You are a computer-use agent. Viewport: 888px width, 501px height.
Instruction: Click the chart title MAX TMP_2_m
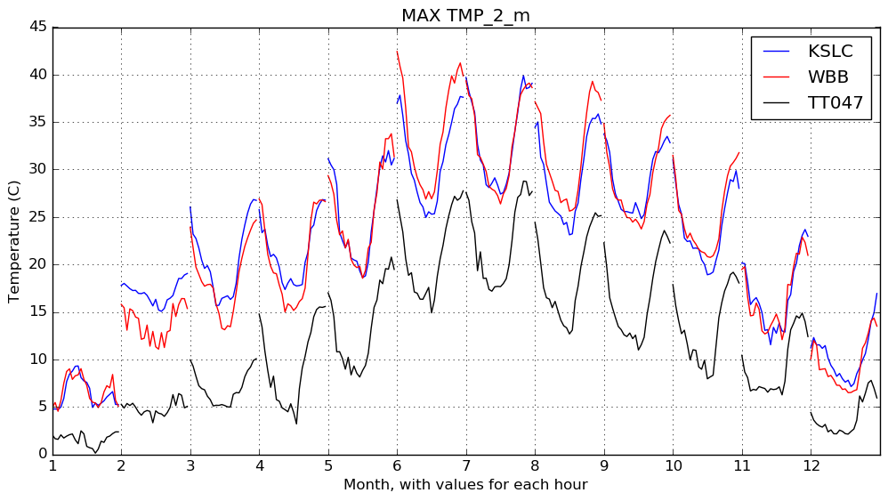pos(465,15)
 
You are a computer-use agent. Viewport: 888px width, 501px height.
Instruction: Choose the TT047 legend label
pos(836,102)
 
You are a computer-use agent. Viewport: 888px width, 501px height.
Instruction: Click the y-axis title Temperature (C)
pos(15,240)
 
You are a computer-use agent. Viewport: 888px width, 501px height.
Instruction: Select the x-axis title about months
pos(465,485)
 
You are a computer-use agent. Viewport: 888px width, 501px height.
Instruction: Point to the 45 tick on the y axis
pos(39,27)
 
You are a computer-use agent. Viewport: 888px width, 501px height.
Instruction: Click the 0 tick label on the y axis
pos(43,454)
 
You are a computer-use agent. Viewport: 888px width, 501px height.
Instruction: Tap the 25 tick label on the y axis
pos(39,216)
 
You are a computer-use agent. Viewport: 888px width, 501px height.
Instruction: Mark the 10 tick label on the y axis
pos(39,359)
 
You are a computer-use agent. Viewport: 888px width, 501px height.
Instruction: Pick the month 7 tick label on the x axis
pos(465,465)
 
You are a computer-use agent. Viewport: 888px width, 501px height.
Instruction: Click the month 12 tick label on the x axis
pos(811,465)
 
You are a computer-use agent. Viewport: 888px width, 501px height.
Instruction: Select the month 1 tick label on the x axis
pos(52,465)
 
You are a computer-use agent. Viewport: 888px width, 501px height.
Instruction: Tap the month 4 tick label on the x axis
pos(259,465)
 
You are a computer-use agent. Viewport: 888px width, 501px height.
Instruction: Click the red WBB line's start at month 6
pos(397,52)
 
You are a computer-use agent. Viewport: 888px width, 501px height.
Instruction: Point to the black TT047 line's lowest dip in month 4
pos(296,424)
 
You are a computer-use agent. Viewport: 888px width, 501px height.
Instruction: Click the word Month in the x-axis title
pos(364,485)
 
